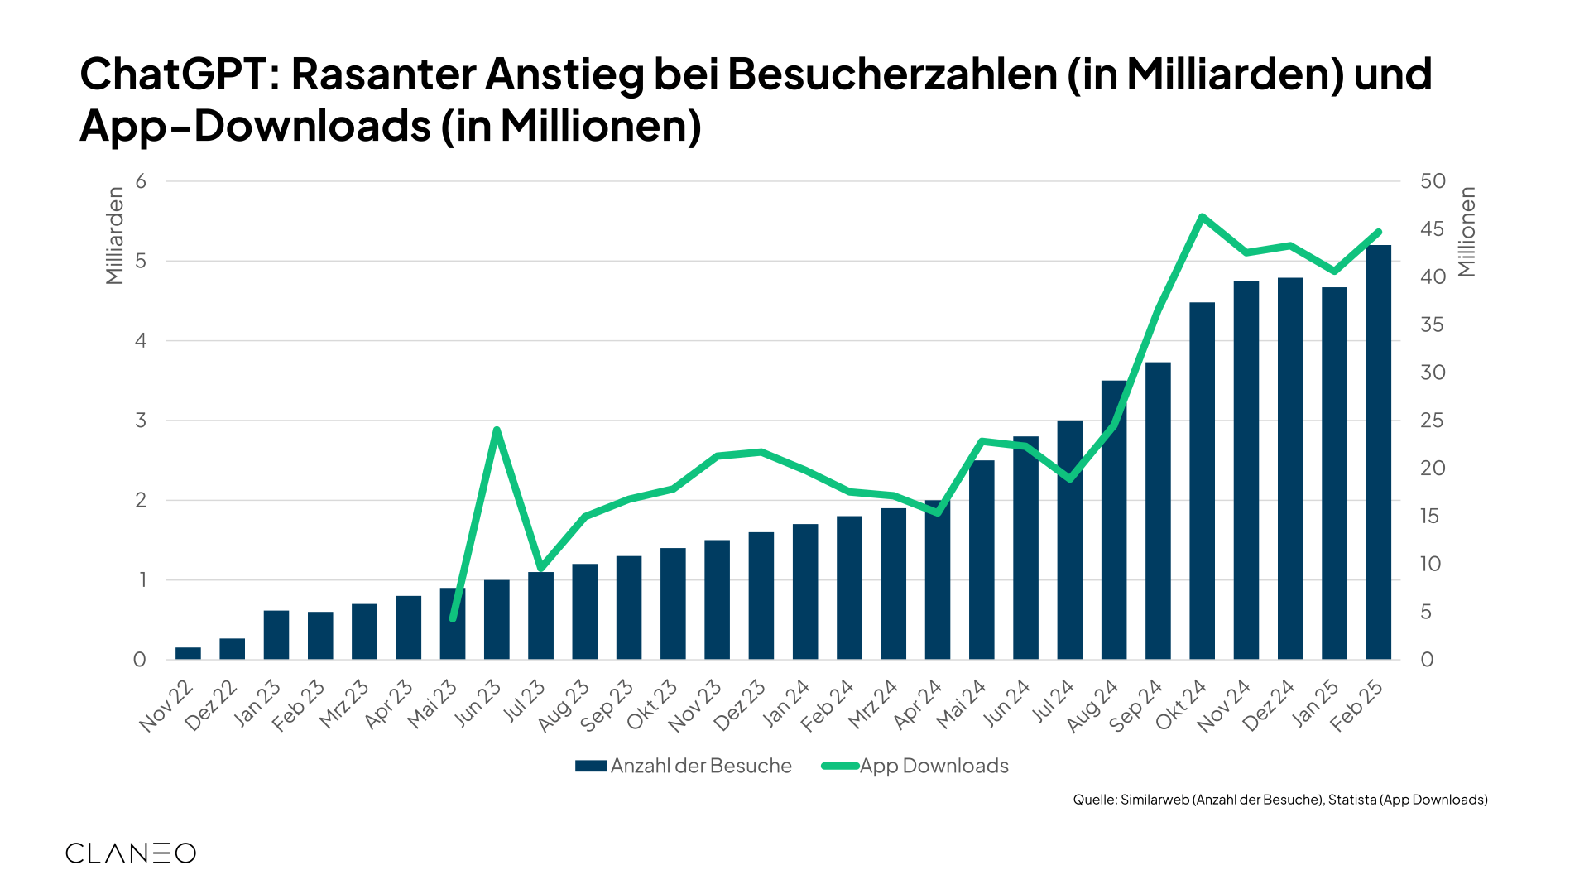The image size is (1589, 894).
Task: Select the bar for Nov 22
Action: tap(188, 653)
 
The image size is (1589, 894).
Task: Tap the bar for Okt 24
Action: tap(1202, 481)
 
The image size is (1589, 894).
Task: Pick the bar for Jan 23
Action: tap(276, 635)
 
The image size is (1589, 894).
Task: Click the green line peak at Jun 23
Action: tap(497, 430)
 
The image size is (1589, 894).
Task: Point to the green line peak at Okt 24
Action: tap(1202, 217)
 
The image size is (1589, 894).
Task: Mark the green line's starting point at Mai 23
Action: tap(453, 618)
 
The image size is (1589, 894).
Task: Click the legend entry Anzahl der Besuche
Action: tap(684, 766)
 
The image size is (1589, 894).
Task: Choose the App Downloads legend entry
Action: tap(915, 766)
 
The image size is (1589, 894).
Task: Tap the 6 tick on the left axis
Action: tap(141, 181)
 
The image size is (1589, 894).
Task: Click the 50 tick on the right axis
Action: tap(1433, 181)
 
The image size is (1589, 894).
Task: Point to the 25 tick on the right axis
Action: tap(1432, 421)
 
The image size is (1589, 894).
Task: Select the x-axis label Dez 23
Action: tap(740, 706)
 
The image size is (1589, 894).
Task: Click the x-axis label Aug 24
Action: tap(1092, 706)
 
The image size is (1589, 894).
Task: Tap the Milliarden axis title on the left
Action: tap(115, 236)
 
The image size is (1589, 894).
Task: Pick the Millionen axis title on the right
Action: tap(1467, 232)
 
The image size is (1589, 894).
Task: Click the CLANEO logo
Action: tap(131, 853)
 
